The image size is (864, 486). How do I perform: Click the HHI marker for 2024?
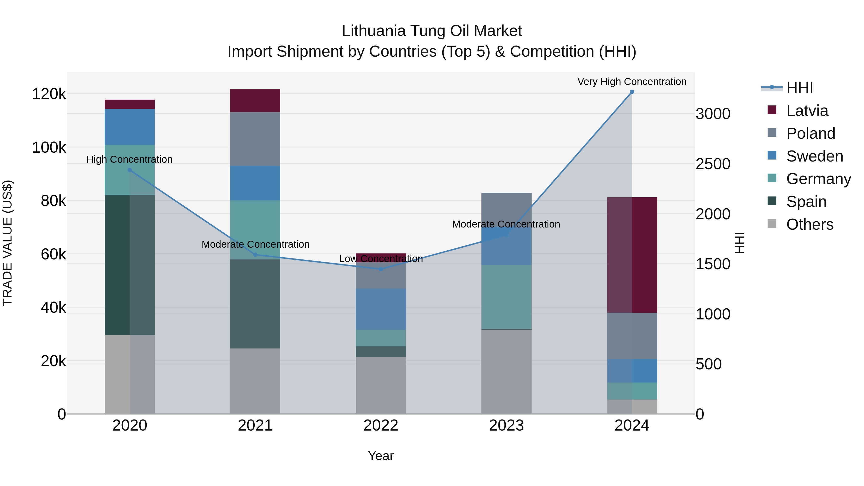(x=632, y=92)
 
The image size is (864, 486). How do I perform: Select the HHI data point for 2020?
(x=130, y=170)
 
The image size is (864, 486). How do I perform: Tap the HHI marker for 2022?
(x=381, y=269)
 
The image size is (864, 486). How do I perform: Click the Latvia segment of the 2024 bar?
(x=632, y=255)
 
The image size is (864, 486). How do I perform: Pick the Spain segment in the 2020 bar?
(x=130, y=265)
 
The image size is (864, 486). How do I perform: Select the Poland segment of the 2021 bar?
(x=255, y=139)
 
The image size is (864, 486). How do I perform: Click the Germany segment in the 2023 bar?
(x=506, y=297)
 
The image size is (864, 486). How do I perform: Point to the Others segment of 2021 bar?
(x=255, y=381)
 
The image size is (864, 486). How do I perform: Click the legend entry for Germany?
(x=818, y=179)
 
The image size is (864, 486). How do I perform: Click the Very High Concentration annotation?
(x=632, y=82)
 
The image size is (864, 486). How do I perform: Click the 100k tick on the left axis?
(x=49, y=148)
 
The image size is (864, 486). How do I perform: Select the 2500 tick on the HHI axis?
(x=713, y=164)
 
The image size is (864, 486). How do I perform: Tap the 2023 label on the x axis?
(x=506, y=426)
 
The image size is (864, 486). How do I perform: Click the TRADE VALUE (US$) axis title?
(x=7, y=243)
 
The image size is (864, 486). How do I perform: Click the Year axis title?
(x=381, y=456)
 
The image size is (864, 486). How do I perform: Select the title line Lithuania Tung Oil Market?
(x=432, y=31)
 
